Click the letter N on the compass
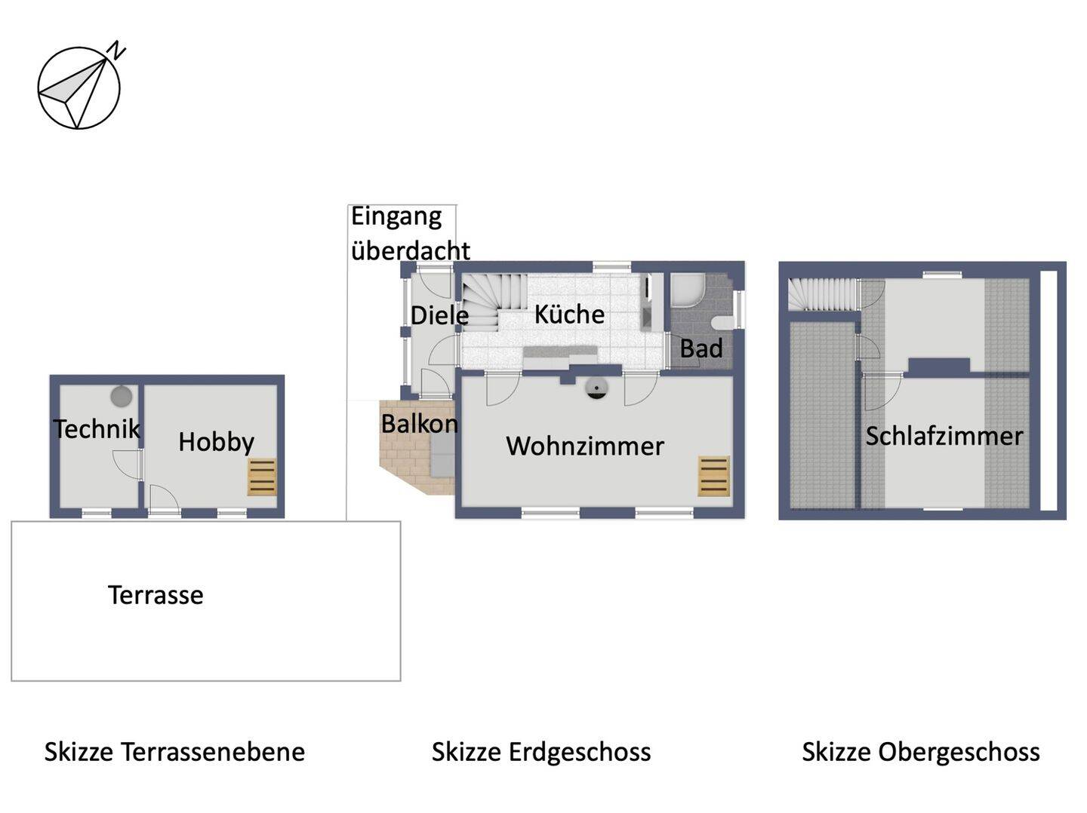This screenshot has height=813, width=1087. (116, 51)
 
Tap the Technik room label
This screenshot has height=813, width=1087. (97, 429)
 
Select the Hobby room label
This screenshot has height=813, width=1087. (216, 442)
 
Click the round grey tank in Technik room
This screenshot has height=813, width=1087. (121, 396)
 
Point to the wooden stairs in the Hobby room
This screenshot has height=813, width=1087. (262, 477)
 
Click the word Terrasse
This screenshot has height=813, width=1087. (156, 595)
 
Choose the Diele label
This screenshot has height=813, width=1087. (439, 315)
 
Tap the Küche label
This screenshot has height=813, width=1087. (569, 314)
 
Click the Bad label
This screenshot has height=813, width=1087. (701, 348)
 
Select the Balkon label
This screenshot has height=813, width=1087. (419, 424)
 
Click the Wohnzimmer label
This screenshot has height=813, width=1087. (585, 446)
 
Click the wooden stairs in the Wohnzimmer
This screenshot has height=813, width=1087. (713, 476)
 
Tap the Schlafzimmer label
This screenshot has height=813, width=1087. (944, 436)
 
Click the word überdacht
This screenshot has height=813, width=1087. (411, 250)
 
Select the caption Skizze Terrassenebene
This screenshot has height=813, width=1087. (174, 752)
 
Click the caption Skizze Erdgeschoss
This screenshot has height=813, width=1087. (541, 752)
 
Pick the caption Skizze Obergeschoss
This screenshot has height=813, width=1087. (921, 752)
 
